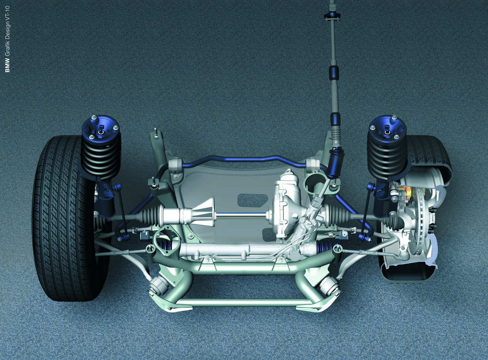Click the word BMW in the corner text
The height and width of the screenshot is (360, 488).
(8, 66)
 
